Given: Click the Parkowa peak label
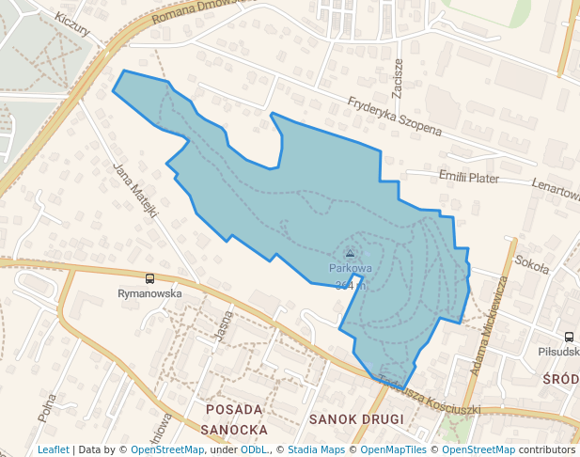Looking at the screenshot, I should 351,268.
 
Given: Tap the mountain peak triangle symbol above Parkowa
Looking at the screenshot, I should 351,253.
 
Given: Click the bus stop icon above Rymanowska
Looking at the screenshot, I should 149,278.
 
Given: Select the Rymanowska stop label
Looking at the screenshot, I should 149,292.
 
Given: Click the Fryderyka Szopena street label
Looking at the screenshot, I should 394,116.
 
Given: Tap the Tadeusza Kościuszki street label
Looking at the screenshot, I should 431,395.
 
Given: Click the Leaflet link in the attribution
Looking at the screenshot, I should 53,449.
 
